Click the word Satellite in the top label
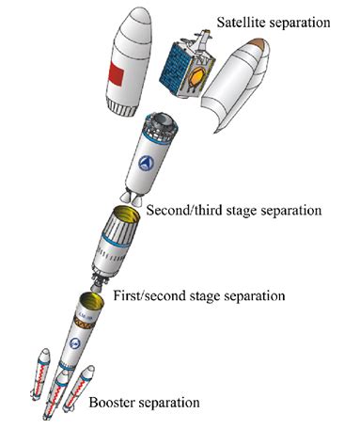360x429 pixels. click(241, 21)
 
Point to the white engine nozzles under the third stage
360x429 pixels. click(131, 200)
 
